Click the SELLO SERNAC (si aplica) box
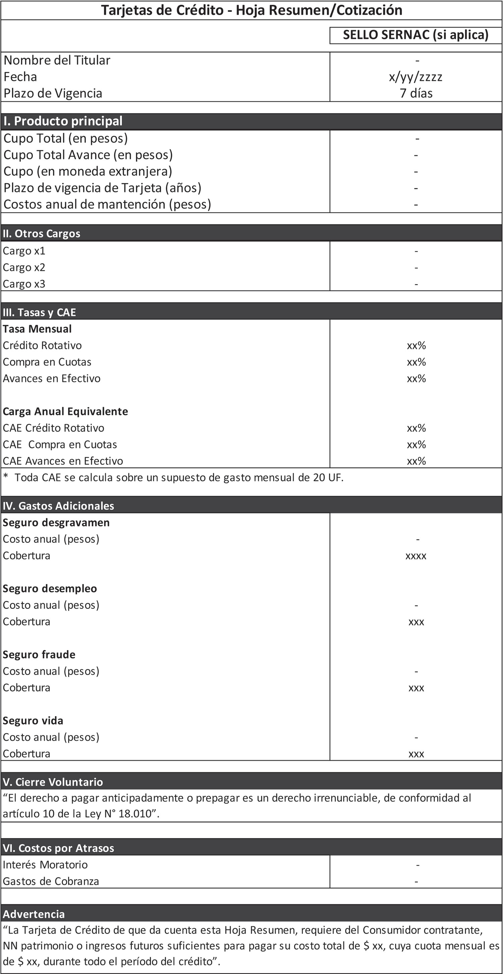[x=415, y=35]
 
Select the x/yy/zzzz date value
[x=415, y=77]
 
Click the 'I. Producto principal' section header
[x=63, y=121]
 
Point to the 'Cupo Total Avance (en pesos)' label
[x=88, y=155]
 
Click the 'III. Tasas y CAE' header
[x=39, y=312]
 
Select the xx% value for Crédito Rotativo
[x=416, y=346]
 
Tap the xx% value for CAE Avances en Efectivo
[x=416, y=461]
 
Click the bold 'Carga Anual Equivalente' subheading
[x=65, y=411]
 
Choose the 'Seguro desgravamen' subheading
[x=56, y=523]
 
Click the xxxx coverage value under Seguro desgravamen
[x=416, y=556]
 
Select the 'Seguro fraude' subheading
[x=39, y=654]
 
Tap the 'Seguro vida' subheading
[x=33, y=721]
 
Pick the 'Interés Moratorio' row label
[x=45, y=865]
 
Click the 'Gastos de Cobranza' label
[x=51, y=881]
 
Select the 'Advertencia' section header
[x=34, y=914]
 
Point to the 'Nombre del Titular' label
[x=57, y=60]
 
